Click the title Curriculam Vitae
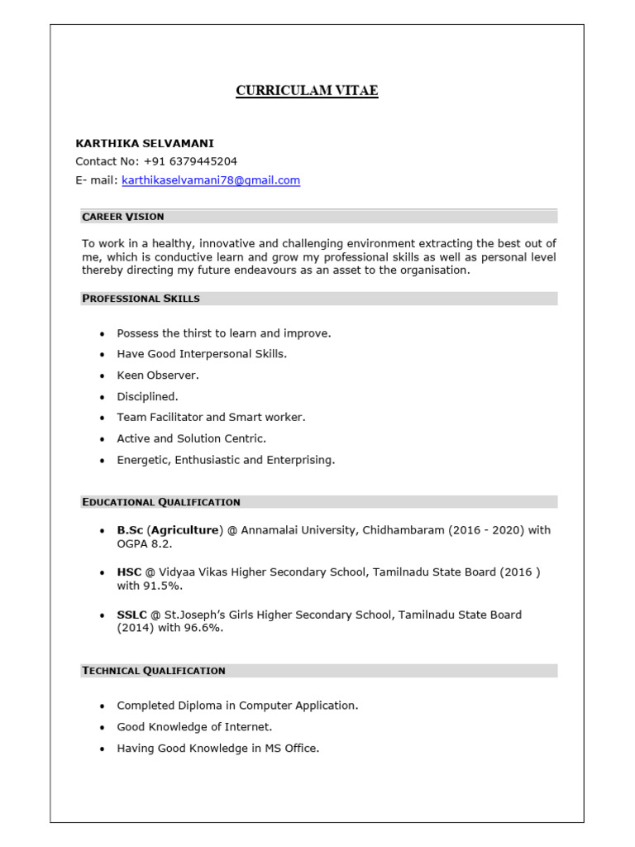307,91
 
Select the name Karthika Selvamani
144,143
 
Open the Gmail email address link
211,180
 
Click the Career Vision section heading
123,217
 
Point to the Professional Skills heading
141,298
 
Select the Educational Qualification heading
161,502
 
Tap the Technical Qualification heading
154,671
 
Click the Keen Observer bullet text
158,376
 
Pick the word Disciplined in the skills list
147,396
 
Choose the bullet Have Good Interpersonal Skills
202,354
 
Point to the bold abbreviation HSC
130,572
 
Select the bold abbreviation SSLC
132,615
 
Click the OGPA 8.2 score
144,544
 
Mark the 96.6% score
207,629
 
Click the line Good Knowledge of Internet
194,727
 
